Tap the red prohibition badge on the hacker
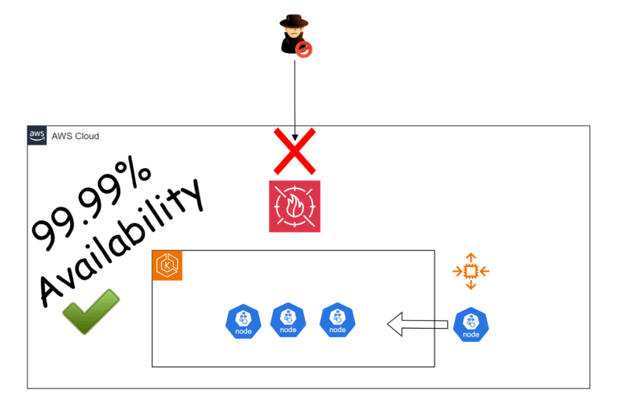pos(305,50)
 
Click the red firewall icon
pos(295,206)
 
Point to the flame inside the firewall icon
pos(295,207)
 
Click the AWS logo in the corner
pos(37,135)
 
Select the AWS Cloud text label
pos(75,136)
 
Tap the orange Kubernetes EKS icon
pos(167,265)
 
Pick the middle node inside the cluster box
pos(287,320)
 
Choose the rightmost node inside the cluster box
pos(337,320)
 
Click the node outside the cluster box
pos(471,325)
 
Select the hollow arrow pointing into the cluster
pos(417,325)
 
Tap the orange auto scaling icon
pos(472,272)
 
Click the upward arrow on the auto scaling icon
pos(472,258)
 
